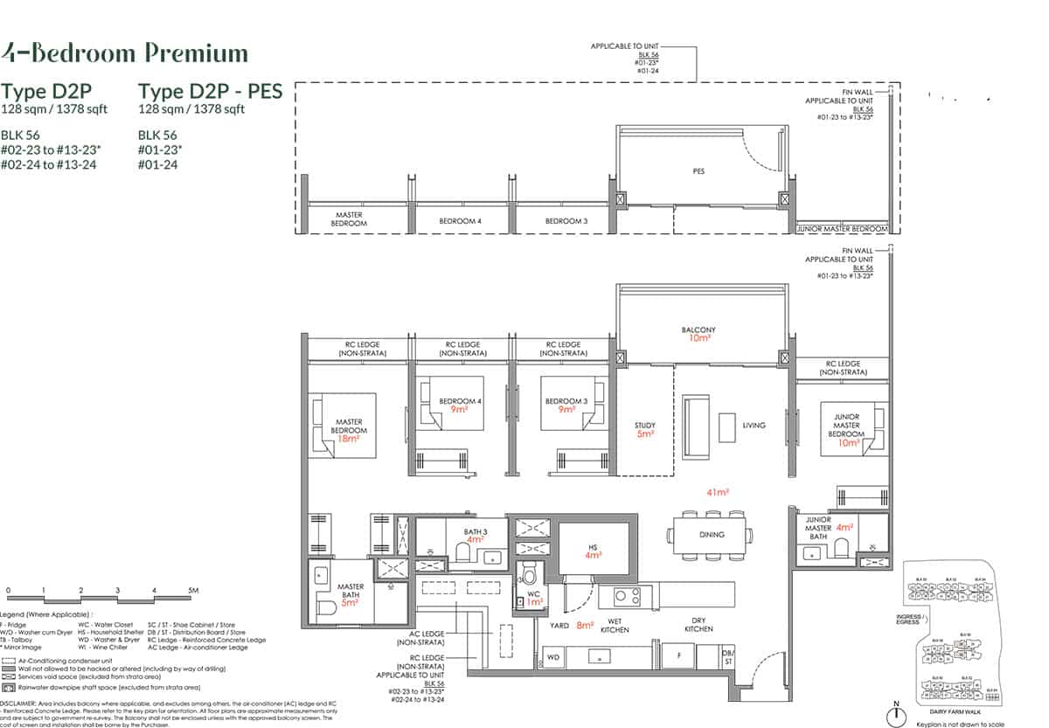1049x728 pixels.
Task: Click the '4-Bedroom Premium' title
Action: [125, 53]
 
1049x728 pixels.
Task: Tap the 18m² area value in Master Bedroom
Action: [349, 439]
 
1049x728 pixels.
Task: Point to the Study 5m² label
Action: [645, 429]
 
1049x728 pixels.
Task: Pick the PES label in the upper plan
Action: [698, 171]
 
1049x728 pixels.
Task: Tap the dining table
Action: [709, 533]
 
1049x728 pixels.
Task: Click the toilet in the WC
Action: [527, 577]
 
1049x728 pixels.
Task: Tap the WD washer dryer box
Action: [552, 655]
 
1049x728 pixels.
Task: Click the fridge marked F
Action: [677, 655]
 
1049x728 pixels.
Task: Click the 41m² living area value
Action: [717, 493]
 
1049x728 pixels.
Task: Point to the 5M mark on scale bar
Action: [193, 592]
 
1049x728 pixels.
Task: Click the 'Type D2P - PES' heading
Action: [211, 91]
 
